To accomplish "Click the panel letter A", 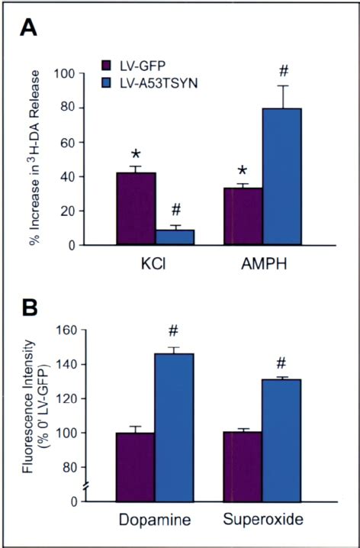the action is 28,28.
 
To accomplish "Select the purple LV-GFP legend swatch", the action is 106,66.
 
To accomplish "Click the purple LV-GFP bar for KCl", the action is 137,208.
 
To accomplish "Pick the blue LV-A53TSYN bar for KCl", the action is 175,237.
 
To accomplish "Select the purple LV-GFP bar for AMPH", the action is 243,216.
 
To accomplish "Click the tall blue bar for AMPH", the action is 281,176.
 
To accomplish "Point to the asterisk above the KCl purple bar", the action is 136,154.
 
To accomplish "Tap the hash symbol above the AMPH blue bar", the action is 284,71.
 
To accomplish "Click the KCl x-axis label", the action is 153,264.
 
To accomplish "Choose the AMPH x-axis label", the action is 264,264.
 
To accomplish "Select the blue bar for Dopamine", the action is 174,427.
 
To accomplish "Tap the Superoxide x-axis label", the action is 263,519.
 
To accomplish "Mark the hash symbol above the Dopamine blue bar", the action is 173,331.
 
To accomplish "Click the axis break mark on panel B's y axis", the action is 86,485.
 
